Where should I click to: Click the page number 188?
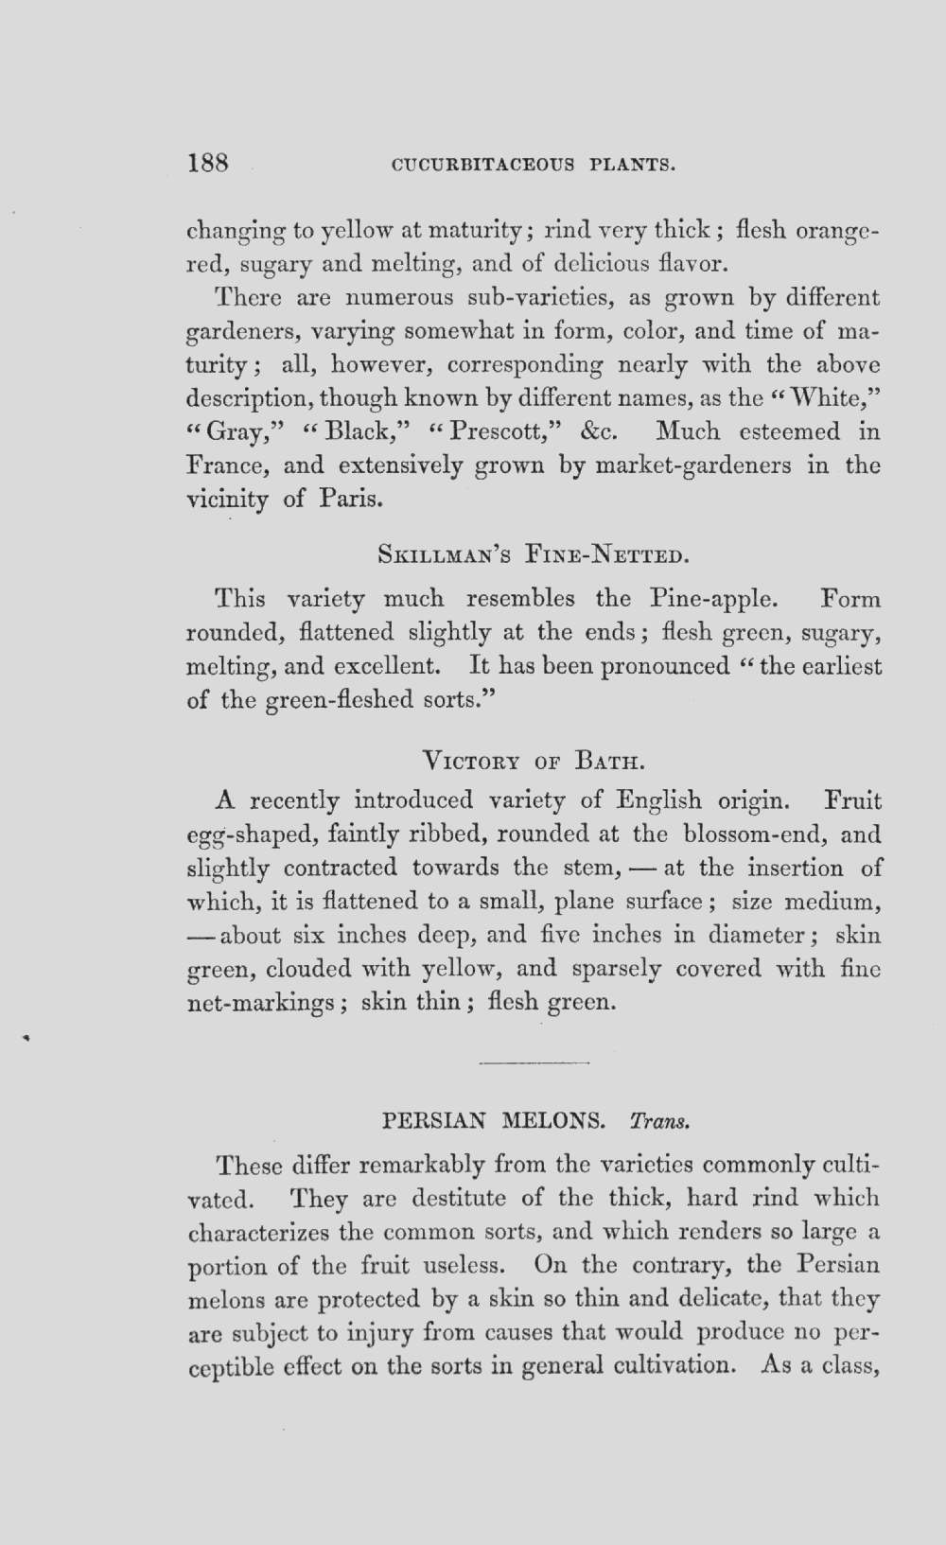coord(209,163)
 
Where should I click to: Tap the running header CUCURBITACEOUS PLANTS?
coord(533,165)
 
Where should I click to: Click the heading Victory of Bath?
coord(534,760)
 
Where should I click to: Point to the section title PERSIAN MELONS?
coord(493,1121)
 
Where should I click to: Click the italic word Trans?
coord(658,1122)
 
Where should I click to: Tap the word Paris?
coord(349,499)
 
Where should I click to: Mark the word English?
coord(658,800)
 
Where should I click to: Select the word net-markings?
coord(260,1003)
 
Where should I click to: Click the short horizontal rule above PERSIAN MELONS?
coord(534,1063)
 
